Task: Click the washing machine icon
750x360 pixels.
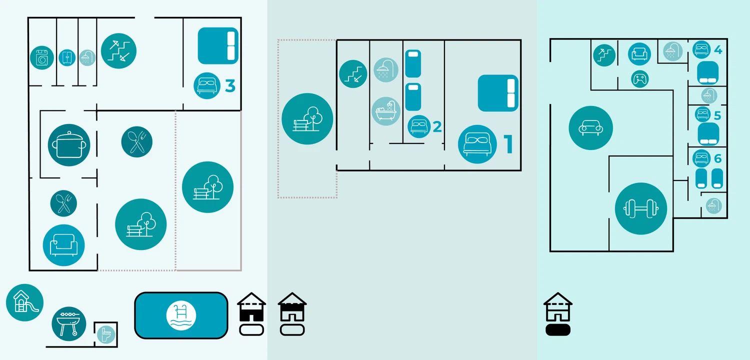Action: (x=42, y=58)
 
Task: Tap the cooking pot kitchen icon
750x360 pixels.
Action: (x=69, y=145)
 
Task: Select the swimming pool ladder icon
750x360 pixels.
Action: (x=181, y=315)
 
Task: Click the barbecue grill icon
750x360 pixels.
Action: (x=69, y=324)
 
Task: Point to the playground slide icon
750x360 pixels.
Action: (x=25, y=302)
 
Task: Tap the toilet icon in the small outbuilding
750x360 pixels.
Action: (x=106, y=334)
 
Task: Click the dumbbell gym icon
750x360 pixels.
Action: (x=641, y=208)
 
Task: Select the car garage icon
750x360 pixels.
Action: (x=591, y=128)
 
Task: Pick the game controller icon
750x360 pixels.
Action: (x=640, y=79)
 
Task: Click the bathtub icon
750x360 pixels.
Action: (x=386, y=111)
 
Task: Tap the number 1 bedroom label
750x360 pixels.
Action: (x=508, y=144)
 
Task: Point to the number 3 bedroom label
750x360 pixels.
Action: (x=230, y=85)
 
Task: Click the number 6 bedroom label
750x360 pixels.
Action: (x=718, y=158)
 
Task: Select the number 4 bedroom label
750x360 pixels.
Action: (x=718, y=50)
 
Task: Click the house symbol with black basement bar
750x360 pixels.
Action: (x=558, y=314)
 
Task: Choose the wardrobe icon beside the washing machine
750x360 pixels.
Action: (x=67, y=57)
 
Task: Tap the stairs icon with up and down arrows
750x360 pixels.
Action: (x=118, y=51)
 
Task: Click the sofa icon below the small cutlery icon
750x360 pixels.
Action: (x=63, y=245)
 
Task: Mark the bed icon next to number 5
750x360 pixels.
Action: (x=702, y=114)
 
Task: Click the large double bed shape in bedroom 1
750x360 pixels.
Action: (x=498, y=93)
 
